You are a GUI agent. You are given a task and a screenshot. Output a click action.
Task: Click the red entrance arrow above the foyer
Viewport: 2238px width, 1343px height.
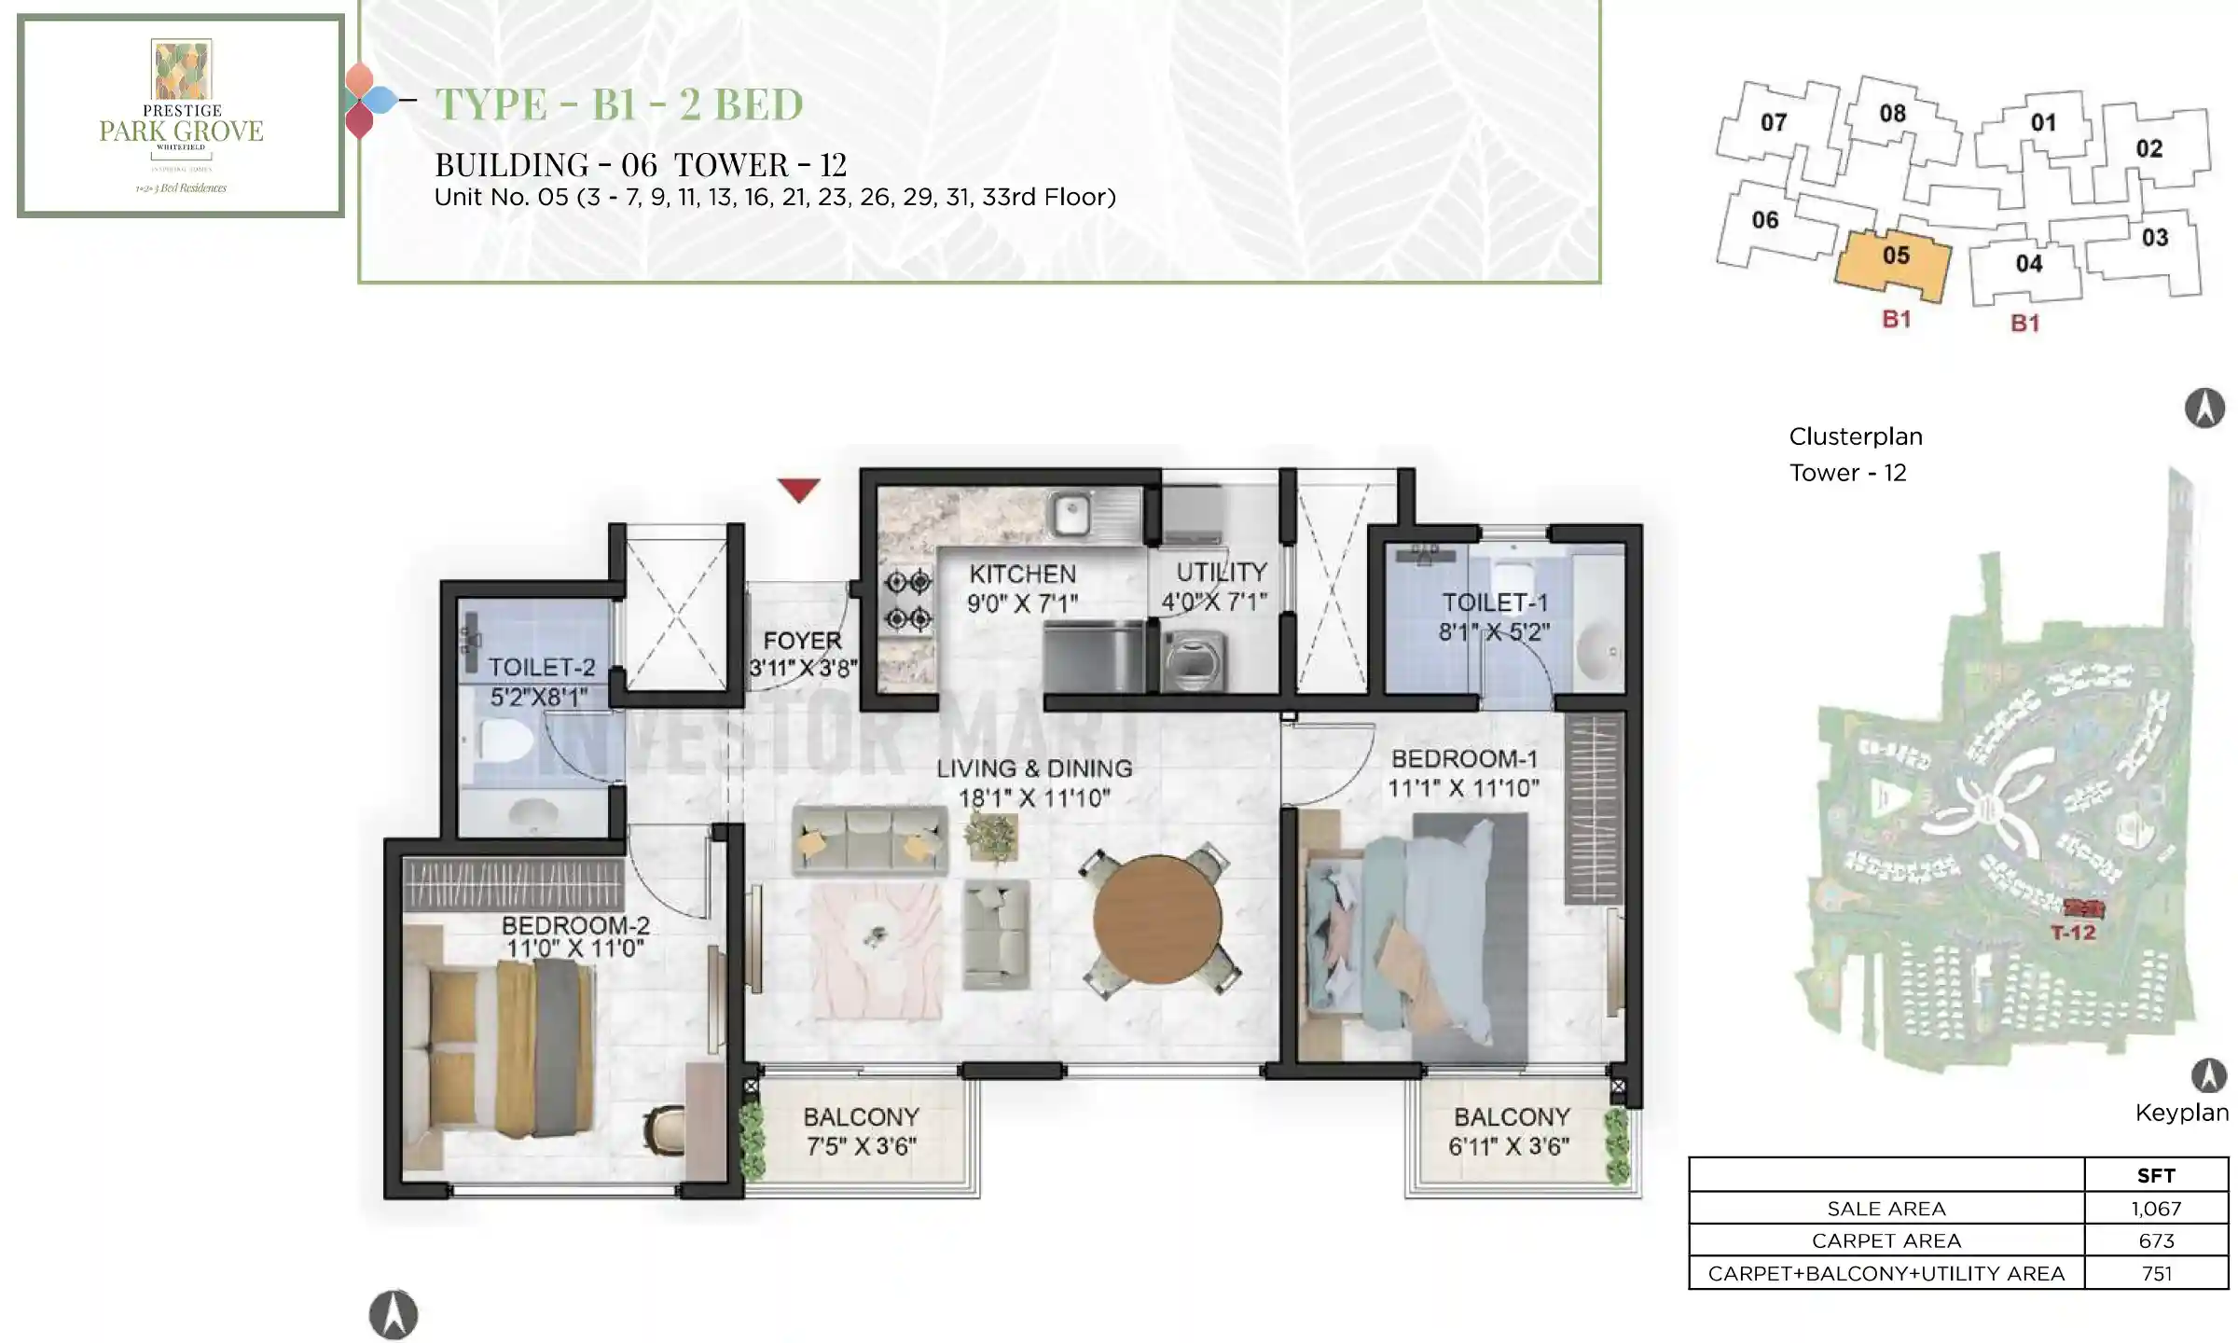(798, 488)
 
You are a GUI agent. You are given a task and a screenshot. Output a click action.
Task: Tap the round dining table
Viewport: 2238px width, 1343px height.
(1157, 919)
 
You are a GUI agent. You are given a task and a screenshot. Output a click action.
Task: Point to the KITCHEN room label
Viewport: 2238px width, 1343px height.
(1022, 574)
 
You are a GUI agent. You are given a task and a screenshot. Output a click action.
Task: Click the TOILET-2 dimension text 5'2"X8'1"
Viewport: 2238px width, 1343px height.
(539, 697)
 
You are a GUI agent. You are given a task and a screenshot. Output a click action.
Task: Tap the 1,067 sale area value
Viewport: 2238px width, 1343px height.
(2156, 1209)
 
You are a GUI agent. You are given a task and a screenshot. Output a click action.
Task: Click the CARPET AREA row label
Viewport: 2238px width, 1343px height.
(1886, 1240)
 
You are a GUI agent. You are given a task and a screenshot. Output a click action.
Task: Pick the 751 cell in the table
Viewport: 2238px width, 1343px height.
(2156, 1273)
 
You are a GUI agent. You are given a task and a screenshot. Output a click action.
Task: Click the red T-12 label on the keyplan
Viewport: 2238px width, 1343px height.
(2073, 932)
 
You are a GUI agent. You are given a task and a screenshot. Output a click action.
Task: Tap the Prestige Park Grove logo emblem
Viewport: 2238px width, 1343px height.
(182, 69)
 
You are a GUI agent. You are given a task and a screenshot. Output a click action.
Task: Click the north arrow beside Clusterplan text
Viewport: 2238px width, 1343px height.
(2204, 408)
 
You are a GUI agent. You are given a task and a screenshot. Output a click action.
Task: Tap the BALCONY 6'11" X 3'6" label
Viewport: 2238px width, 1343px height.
(1511, 1130)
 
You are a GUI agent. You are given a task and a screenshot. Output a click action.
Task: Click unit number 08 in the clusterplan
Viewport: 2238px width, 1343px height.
(1892, 114)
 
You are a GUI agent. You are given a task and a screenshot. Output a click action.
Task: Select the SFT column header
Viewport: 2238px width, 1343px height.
(2156, 1175)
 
